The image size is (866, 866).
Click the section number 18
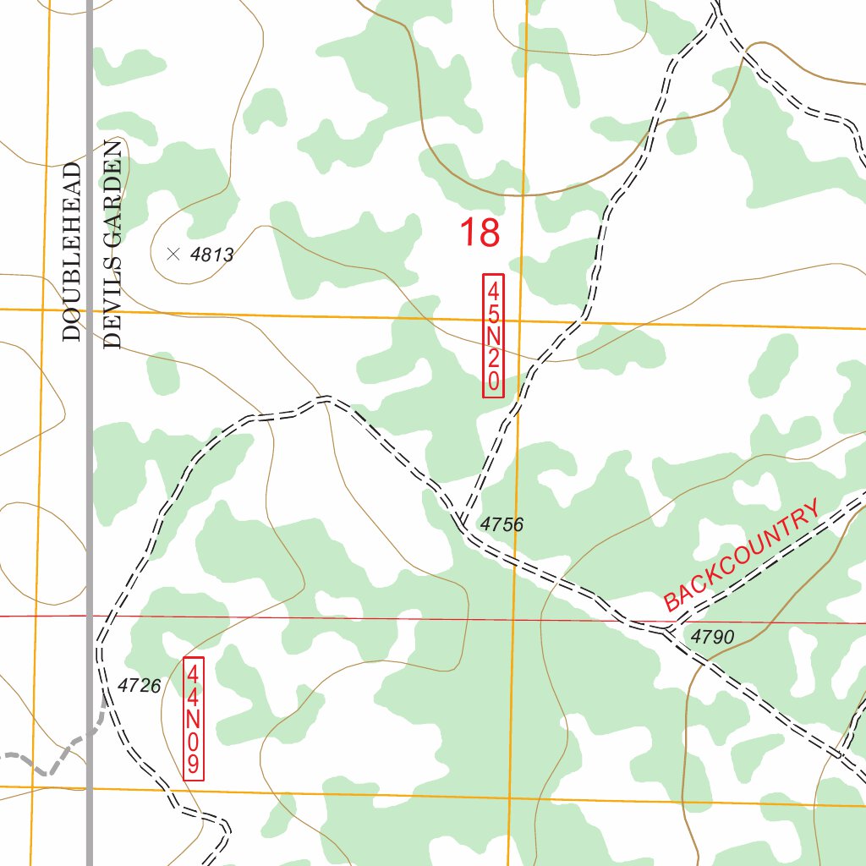[480, 233]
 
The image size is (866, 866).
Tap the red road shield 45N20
[493, 335]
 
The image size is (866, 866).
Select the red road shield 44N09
[194, 719]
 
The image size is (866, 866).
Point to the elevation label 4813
[211, 255]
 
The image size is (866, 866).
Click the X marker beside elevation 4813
[174, 253]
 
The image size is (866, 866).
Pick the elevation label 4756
[502, 525]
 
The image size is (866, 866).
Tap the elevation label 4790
[712, 637]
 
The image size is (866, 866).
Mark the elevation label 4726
[140, 686]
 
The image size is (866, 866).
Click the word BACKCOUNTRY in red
[742, 556]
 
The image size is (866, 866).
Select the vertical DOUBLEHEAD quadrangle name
[72, 251]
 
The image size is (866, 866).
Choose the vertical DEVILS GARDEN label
[113, 245]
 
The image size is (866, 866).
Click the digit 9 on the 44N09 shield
[194, 766]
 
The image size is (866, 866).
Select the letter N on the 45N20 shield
[493, 336]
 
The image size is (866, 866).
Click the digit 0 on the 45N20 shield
[493, 382]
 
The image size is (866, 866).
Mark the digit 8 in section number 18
[490, 233]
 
